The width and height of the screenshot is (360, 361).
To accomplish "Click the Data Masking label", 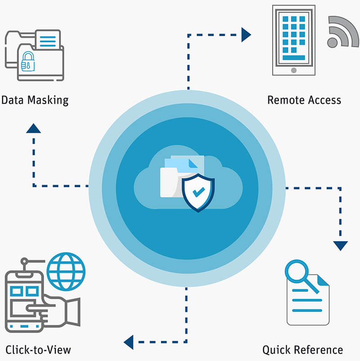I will (x=35, y=99).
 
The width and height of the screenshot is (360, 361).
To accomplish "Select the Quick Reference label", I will (x=302, y=349).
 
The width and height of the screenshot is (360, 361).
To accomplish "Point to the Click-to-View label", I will (x=38, y=349).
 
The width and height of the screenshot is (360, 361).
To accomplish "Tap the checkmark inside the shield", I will (x=198, y=193).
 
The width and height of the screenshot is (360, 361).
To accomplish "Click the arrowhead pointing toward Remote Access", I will (x=246, y=35).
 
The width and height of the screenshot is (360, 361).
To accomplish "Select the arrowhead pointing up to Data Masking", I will (x=33, y=129).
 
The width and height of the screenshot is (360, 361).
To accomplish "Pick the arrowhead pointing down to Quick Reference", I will (x=341, y=245).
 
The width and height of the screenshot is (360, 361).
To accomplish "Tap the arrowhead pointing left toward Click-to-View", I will (x=129, y=342).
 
